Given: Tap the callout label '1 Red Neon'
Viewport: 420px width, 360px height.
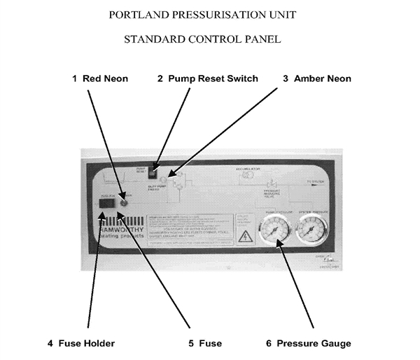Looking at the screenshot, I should (100, 78).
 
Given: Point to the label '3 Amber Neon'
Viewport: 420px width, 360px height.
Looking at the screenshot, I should (317, 78).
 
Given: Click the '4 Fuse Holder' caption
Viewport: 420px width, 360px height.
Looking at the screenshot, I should (81, 343).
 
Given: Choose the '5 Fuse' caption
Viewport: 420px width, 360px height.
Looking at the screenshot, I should (205, 343).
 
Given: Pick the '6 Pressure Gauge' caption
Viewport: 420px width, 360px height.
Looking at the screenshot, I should (308, 343).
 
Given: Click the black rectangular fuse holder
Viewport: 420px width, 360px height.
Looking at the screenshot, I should (106, 205).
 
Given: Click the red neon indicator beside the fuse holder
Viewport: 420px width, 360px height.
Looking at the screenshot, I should (123, 204).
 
